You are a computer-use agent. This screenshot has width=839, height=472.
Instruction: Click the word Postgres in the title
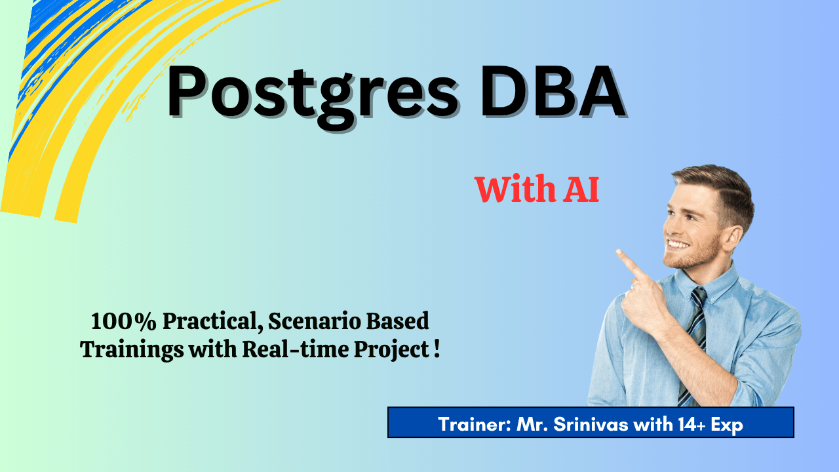[313, 98]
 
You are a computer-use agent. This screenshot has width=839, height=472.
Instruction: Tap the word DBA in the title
[553, 92]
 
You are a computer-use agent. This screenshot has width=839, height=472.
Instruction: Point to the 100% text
[123, 322]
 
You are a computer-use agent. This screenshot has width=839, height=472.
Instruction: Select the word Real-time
[296, 349]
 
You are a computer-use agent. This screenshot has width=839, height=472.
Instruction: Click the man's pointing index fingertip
[618, 252]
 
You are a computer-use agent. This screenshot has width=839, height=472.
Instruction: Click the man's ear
[732, 239]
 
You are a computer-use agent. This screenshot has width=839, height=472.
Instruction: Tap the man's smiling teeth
[678, 245]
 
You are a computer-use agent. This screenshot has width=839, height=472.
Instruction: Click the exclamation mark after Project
[437, 349]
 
